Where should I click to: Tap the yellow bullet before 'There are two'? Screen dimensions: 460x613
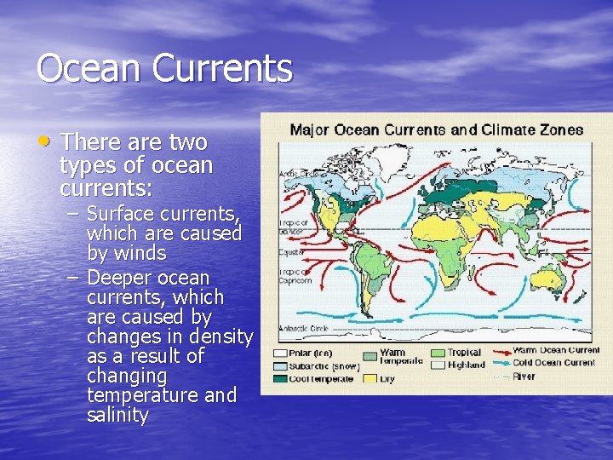[48, 139]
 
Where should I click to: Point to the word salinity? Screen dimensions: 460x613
[117, 416]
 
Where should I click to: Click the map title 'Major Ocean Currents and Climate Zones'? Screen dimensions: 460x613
[437, 130]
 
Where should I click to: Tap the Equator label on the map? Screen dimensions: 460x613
[291, 253]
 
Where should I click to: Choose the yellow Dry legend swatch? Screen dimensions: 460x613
[370, 379]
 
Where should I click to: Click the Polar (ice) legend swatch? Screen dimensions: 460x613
[280, 352]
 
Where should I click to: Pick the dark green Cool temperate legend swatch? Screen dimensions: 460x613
[280, 378]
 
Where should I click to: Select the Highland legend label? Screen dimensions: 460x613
[467, 365]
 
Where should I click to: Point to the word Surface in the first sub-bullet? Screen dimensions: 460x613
[118, 213]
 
